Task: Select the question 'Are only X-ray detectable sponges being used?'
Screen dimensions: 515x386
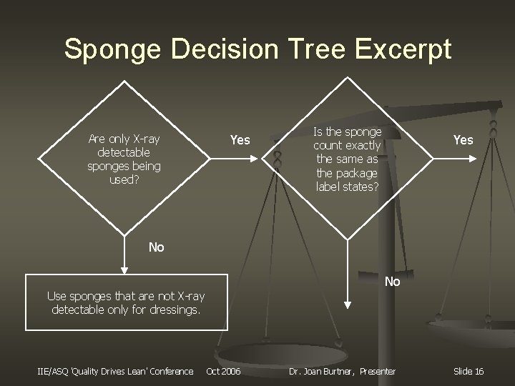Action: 124,159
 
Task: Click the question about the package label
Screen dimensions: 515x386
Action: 348,159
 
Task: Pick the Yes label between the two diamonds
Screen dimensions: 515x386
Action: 240,140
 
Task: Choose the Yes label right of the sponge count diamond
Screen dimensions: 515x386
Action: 463,140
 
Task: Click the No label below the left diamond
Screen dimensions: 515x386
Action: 156,247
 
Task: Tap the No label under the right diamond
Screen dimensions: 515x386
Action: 392,282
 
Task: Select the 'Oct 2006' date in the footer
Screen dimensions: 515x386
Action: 224,371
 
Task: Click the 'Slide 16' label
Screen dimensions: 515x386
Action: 469,371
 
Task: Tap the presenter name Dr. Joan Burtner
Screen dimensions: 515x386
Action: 322,371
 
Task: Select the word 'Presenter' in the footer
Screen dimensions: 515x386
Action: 378,371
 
